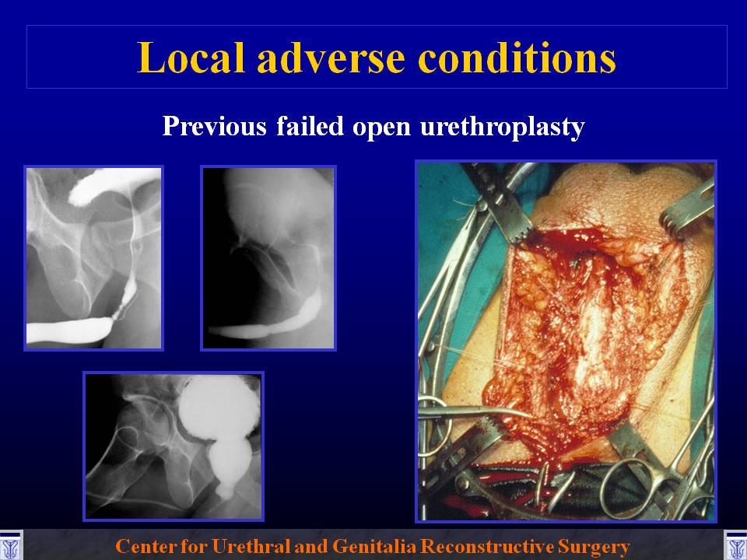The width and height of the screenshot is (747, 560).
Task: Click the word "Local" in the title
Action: tap(190, 58)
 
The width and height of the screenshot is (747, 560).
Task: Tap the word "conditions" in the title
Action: tap(517, 58)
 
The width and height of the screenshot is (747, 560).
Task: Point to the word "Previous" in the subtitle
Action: tap(215, 126)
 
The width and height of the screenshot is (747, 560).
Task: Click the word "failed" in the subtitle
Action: tap(310, 126)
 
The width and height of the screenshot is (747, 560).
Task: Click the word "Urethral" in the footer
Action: tap(251, 546)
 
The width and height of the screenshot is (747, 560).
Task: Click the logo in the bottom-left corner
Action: tap(10, 545)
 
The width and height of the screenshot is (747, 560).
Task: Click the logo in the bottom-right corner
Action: tap(735, 545)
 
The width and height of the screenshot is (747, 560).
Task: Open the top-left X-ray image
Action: tap(94, 258)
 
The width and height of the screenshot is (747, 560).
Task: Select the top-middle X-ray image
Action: tap(268, 258)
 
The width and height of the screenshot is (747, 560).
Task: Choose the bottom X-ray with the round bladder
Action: tap(174, 446)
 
